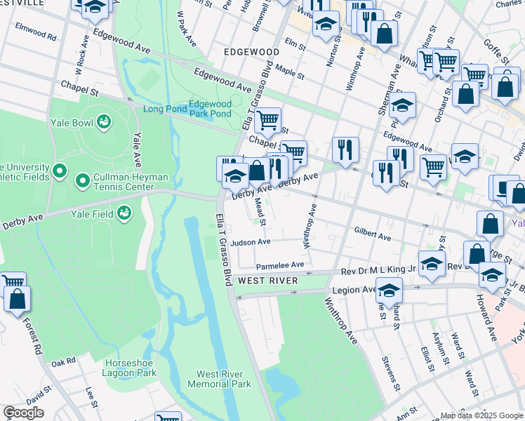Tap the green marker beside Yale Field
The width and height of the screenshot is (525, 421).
tap(124, 211)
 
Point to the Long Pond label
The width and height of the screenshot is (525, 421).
tap(165, 109)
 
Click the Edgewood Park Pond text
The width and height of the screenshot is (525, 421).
tap(211, 108)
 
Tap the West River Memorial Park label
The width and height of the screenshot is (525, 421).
tap(219, 379)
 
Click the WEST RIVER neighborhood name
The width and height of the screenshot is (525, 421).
tap(269, 281)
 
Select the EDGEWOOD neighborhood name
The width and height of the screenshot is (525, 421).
tap(252, 52)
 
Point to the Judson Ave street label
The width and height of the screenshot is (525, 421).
tap(251, 242)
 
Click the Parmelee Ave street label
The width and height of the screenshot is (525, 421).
tap(279, 265)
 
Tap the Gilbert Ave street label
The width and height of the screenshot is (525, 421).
tap(372, 234)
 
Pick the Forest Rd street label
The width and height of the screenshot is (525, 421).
tap(33, 337)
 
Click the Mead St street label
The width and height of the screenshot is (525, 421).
tap(260, 211)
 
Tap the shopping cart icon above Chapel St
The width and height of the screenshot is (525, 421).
tap(267, 120)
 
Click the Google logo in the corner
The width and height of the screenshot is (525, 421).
tap(23, 413)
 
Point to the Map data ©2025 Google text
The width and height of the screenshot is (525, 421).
tap(481, 415)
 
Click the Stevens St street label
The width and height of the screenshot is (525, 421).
tap(391, 373)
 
